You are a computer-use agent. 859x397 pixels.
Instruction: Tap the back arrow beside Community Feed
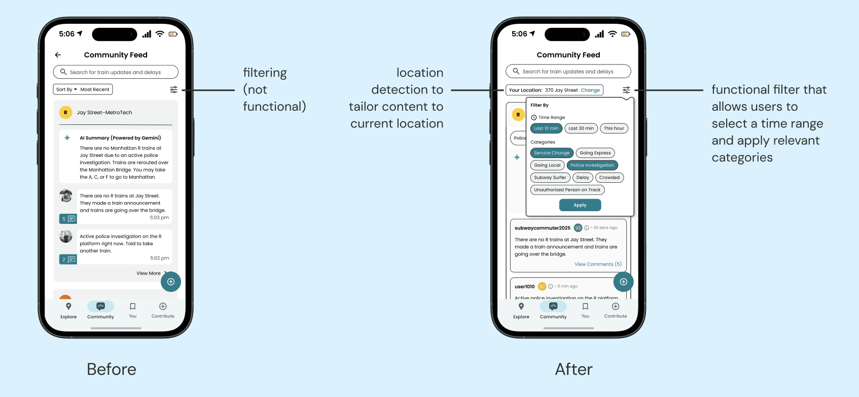(58, 55)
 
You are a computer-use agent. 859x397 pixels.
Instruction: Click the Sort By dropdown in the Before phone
(66, 89)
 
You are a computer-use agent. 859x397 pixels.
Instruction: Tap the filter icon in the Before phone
(173, 89)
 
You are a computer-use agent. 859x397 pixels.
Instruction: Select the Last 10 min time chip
(546, 128)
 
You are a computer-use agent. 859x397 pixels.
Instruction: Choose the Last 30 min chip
(581, 128)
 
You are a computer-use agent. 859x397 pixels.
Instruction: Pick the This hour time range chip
(614, 128)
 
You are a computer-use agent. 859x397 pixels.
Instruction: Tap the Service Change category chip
(552, 153)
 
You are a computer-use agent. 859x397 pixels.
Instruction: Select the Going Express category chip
(595, 153)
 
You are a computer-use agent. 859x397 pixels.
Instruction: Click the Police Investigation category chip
(592, 165)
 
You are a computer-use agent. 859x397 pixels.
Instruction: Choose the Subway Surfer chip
(550, 178)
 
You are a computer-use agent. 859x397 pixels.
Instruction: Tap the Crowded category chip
(609, 178)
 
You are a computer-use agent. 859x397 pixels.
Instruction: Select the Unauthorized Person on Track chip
(567, 190)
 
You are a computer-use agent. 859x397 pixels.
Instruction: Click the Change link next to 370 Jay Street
(590, 90)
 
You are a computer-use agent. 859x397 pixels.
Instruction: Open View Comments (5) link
(598, 264)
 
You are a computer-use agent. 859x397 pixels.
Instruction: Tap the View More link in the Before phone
(149, 273)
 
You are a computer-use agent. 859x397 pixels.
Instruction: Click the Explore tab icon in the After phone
(521, 307)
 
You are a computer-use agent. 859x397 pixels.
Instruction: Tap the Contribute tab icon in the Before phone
(163, 307)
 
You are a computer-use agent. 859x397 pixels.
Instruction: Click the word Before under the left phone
(112, 369)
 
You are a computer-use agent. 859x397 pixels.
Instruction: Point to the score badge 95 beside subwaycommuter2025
(578, 228)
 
